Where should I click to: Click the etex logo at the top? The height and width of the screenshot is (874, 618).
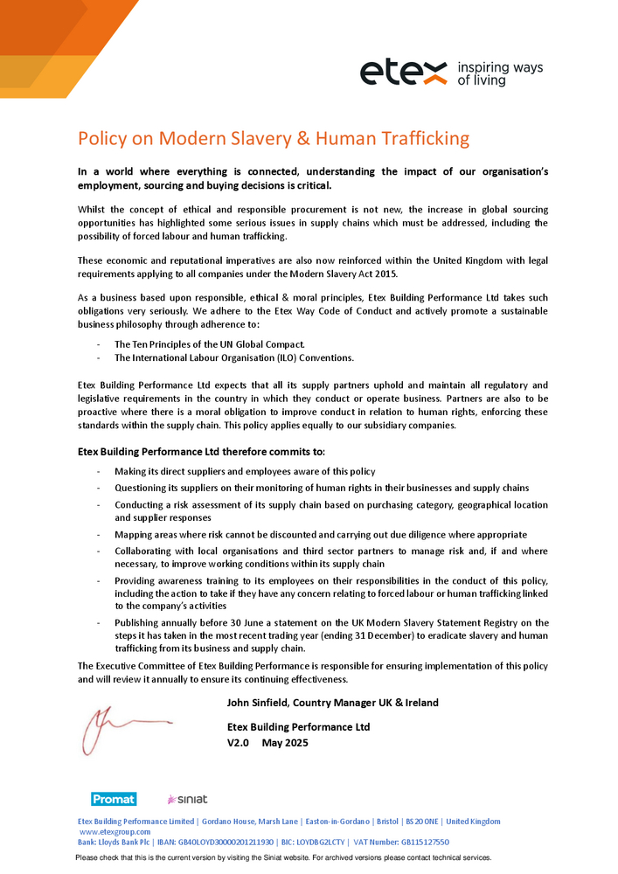(x=404, y=73)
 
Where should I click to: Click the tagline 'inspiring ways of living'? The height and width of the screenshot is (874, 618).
(x=500, y=73)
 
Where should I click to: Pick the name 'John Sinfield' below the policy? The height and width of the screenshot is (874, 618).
(x=256, y=703)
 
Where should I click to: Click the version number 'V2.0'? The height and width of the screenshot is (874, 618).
(x=238, y=743)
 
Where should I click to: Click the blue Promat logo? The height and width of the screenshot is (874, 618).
(x=114, y=799)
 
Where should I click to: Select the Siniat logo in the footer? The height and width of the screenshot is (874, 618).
(x=187, y=799)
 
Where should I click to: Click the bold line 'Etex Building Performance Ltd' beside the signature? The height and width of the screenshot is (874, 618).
(x=298, y=727)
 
